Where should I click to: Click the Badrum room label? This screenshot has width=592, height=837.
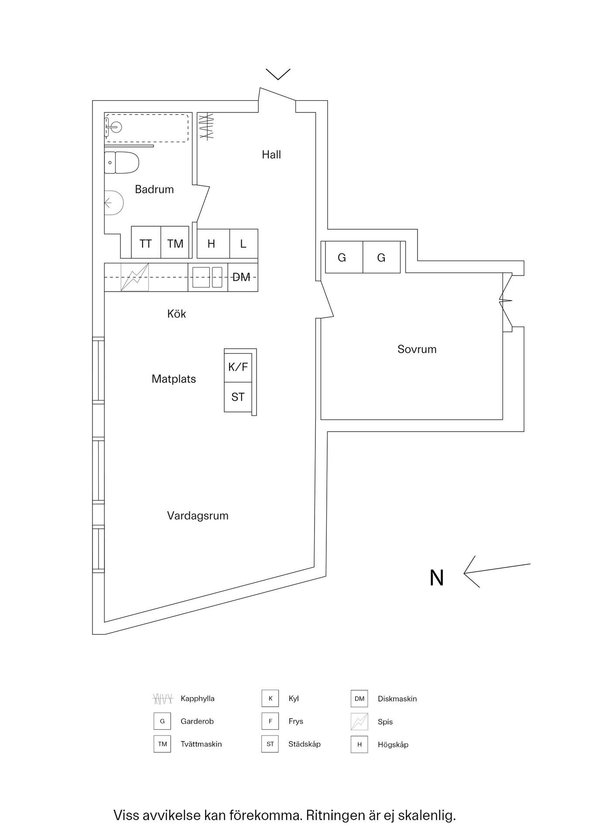(x=154, y=189)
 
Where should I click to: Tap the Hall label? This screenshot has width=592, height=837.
(x=271, y=154)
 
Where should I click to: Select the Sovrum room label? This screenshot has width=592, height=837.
(x=417, y=349)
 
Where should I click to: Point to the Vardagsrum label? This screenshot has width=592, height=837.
(x=198, y=516)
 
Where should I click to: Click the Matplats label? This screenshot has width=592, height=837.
(x=174, y=379)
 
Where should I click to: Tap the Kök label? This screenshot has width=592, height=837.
(x=176, y=314)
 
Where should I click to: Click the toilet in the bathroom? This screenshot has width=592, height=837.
(x=122, y=163)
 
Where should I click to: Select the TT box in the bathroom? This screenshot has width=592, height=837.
(x=146, y=243)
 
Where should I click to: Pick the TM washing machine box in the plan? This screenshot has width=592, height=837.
(x=175, y=243)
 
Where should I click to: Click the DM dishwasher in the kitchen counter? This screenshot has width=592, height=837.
(x=242, y=277)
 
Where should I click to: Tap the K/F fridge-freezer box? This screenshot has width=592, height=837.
(x=238, y=367)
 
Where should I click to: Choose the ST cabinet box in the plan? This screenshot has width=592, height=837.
(x=238, y=397)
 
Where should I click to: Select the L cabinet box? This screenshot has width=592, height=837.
(x=243, y=243)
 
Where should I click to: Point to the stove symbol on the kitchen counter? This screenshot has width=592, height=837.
(x=134, y=277)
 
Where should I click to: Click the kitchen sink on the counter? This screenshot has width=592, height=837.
(x=207, y=277)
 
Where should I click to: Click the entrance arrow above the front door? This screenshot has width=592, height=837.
(x=278, y=74)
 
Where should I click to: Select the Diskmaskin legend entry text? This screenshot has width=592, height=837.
(x=397, y=699)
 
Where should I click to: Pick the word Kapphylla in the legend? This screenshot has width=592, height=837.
(x=197, y=698)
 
